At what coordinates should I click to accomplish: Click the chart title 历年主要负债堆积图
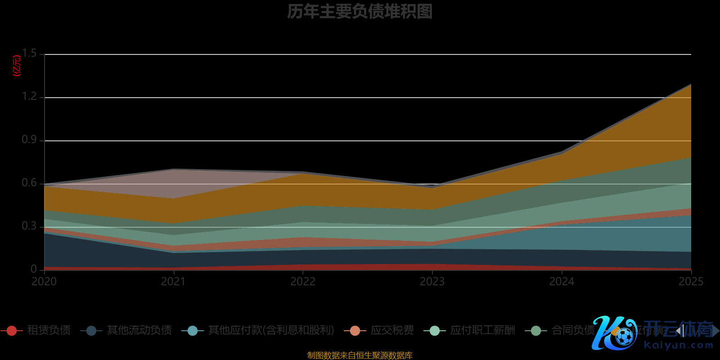(360, 12)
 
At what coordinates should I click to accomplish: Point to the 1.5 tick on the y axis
(30, 54)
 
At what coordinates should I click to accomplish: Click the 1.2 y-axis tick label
(30, 96)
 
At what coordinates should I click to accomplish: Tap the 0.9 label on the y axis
(30, 139)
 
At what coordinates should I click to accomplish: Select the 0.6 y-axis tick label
(30, 183)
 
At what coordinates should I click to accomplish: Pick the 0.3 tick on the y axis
(30, 226)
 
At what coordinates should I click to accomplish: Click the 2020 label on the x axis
(44, 282)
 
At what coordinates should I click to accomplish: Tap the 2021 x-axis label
(173, 282)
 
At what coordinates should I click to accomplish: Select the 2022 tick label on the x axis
(303, 282)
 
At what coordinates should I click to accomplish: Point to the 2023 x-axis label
(432, 282)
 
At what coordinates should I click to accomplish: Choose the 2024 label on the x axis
(562, 282)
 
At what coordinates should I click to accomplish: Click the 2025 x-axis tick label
(691, 282)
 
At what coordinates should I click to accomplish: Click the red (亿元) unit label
(17, 66)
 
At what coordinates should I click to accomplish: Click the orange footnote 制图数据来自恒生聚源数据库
(360, 355)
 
